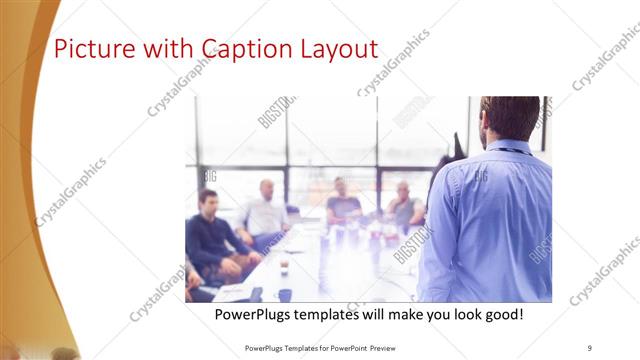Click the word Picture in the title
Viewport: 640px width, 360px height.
(x=89, y=49)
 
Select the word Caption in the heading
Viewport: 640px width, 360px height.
(x=243, y=49)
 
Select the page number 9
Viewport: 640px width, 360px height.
(x=590, y=347)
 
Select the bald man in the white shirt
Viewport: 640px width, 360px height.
(x=265, y=212)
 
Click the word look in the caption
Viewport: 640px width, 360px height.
(x=460, y=315)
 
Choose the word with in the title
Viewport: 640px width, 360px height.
(x=169, y=49)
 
